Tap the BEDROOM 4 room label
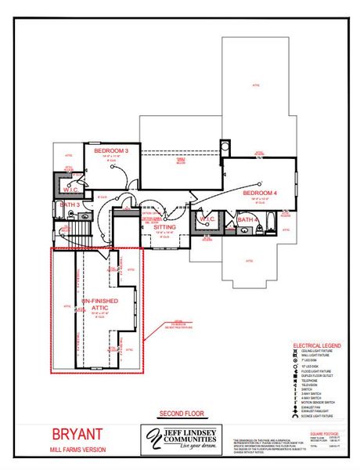(x=260, y=192)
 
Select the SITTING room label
(x=164, y=226)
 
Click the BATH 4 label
(x=247, y=220)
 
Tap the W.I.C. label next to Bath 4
(x=208, y=219)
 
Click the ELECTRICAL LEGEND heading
(x=316, y=345)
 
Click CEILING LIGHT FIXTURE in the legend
(x=316, y=352)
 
